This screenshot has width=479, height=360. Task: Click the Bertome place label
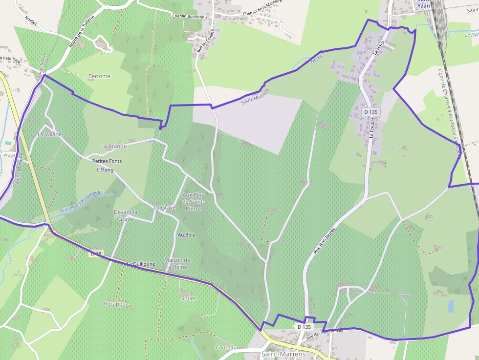tap(99, 76)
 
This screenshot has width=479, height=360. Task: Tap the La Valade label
tap(50, 134)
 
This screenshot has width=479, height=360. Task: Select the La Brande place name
tap(114, 146)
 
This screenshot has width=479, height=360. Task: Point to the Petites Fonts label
tap(107, 161)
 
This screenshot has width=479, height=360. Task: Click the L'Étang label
tap(105, 170)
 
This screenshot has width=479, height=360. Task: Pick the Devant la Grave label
tap(126, 215)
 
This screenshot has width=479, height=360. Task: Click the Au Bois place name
tap(186, 235)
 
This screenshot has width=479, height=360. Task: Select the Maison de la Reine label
tap(177, 263)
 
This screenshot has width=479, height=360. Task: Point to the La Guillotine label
tap(141, 264)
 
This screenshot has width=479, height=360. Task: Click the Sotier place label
tap(188, 298)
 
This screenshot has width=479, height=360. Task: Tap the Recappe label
tap(115, 304)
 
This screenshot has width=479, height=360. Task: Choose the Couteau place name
tap(225, 347)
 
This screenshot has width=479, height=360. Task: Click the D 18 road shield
tap(96, 254)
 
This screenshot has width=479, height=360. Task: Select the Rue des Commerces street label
tap(325, 334)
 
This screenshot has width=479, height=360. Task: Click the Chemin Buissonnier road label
tap(191, 16)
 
